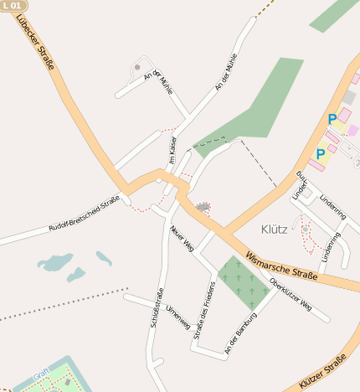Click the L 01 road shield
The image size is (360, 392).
[x=11, y=5]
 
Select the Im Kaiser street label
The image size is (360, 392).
[x=168, y=151]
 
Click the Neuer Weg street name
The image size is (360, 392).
[x=183, y=239]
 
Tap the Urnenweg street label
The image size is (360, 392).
[x=178, y=318]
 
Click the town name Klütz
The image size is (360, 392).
[x=274, y=228]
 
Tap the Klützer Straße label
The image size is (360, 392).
[x=323, y=374]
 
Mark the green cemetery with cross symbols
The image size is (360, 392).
[x=244, y=282]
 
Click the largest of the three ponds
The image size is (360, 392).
[x=55, y=263]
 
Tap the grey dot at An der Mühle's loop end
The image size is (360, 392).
[x=137, y=67]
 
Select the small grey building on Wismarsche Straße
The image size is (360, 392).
[x=203, y=206]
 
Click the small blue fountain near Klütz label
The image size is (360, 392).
[x=305, y=228]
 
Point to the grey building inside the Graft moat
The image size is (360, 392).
[x=67, y=382]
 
